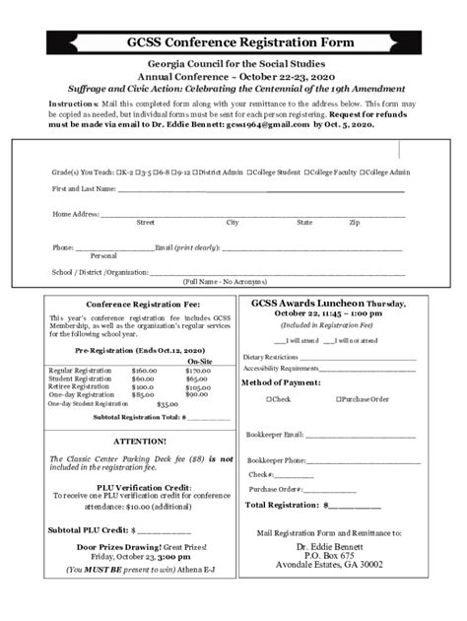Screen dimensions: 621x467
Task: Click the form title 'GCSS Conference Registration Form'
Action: tap(233, 42)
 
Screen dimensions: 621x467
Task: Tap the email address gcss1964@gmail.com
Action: tap(250, 126)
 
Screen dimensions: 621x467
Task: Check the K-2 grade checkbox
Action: tap(118, 172)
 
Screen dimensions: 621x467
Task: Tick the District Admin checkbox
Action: tap(196, 172)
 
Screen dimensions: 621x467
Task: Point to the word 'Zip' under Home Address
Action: tap(354, 223)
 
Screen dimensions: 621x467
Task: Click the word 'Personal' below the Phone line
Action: tap(103, 255)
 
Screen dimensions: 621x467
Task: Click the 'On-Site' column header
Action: tap(201, 362)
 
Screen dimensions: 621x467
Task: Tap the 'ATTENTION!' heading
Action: tap(140, 441)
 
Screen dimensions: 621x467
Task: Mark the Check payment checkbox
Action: tap(268, 399)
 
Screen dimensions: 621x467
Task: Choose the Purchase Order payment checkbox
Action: tap(338, 399)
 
